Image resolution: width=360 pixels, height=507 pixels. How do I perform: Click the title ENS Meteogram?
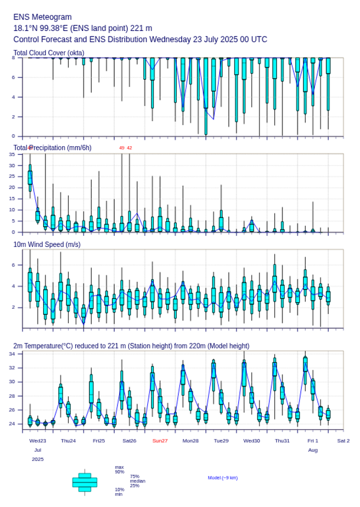pyautogui.click(x=43, y=17)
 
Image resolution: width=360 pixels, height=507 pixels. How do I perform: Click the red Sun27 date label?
pyautogui.click(x=160, y=441)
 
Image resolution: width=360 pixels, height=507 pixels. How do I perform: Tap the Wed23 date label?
pyautogui.click(x=38, y=441)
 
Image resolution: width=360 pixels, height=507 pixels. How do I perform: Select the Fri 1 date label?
pyautogui.click(x=313, y=441)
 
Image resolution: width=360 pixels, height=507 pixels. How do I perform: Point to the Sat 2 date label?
pyautogui.click(x=343, y=441)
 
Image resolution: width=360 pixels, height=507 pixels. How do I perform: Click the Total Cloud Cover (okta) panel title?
pyautogui.click(x=49, y=53)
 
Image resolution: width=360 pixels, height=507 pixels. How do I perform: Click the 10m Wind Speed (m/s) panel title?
pyautogui.click(x=47, y=244)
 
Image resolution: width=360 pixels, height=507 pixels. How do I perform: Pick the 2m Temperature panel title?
pyautogui.click(x=131, y=346)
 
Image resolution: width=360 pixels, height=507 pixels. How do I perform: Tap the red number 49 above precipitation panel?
pyautogui.click(x=122, y=148)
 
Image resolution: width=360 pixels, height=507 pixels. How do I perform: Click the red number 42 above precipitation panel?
pyautogui.click(x=130, y=148)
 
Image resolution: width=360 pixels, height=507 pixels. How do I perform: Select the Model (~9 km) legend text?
pyautogui.click(x=223, y=478)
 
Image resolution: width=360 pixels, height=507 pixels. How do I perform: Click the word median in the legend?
pyautogui.click(x=137, y=481)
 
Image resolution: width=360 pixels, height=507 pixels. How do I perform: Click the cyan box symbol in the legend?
pyautogui.click(x=85, y=482)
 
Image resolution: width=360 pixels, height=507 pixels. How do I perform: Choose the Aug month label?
pyautogui.click(x=313, y=450)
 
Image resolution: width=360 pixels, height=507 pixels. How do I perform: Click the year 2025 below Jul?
pyautogui.click(x=38, y=459)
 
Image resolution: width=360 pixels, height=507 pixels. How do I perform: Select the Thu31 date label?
pyautogui.click(x=282, y=441)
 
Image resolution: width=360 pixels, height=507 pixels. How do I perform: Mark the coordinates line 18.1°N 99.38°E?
pyautogui.click(x=83, y=28)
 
